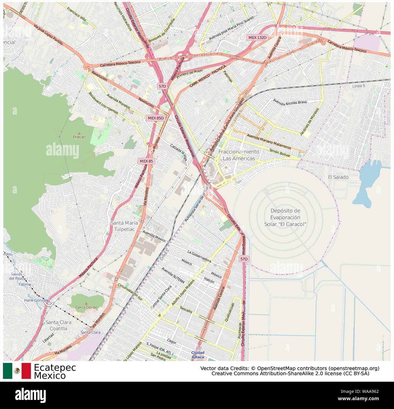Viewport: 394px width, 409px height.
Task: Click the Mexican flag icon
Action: (x=17, y=371)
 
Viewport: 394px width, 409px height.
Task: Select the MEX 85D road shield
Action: (x=156, y=118)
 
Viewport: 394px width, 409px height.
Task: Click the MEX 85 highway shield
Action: (x=146, y=161)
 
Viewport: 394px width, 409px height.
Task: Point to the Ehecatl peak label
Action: (x=79, y=137)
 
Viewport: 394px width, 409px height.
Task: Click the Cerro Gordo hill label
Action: (x=86, y=307)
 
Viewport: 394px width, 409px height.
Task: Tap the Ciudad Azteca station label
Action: (x=198, y=355)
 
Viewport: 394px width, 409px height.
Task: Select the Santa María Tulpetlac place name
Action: (x=124, y=226)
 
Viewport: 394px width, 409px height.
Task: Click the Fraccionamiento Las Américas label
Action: (x=239, y=155)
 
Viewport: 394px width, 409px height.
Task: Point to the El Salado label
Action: (x=338, y=177)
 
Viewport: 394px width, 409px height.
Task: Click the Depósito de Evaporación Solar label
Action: (x=285, y=217)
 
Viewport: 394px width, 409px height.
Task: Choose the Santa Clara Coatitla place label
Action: (x=58, y=325)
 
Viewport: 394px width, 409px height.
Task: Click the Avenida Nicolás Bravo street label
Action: (x=290, y=102)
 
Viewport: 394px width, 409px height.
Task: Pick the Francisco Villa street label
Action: (x=76, y=14)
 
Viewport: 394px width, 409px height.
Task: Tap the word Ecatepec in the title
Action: (x=55, y=367)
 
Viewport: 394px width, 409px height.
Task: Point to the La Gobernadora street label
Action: (x=199, y=256)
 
